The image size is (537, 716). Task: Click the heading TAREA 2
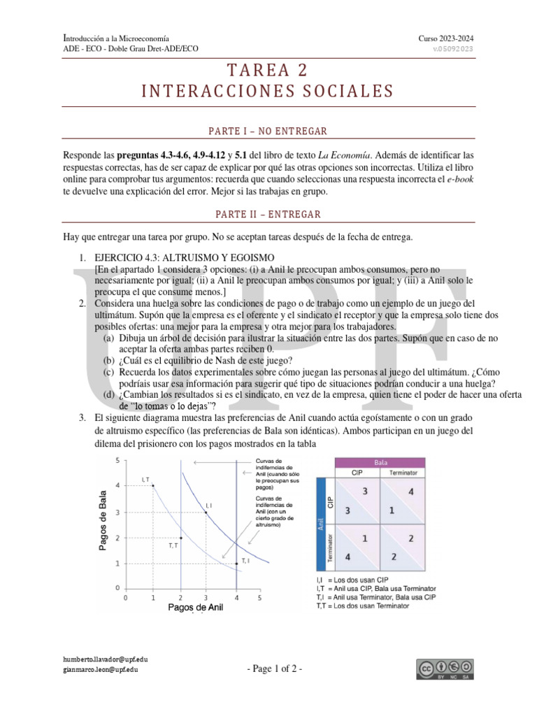(268, 71)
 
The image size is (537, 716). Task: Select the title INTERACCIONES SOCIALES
(268, 92)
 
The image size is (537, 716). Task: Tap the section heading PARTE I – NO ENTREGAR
(268, 131)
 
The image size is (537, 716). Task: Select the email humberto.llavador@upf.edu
(105, 659)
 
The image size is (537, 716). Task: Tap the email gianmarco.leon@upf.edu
(101, 669)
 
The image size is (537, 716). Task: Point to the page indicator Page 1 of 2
(275, 669)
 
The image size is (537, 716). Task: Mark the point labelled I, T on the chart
(152, 485)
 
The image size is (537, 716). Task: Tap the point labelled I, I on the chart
(206, 512)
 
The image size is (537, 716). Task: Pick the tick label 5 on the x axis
(259, 599)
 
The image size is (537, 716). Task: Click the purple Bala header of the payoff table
(381, 462)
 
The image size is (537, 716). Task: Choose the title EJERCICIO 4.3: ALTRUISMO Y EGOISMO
(185, 257)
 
